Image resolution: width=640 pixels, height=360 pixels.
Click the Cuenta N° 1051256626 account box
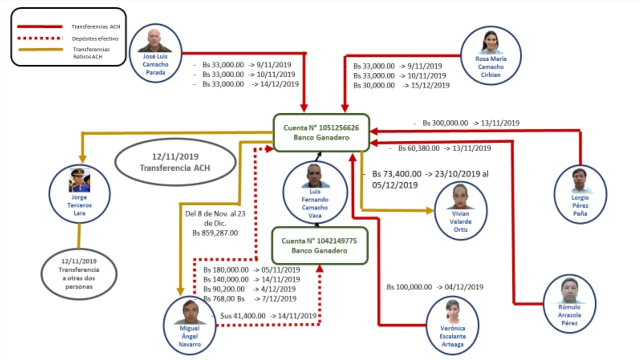pos(322,133)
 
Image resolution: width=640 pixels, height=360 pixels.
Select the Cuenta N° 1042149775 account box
pos(319,246)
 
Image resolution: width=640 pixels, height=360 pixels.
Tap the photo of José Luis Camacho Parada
pos(155,40)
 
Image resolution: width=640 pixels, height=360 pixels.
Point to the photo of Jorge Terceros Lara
pos(79,180)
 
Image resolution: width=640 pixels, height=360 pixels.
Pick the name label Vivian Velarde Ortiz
pos(461,222)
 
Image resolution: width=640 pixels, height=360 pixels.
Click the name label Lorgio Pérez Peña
pos(580,205)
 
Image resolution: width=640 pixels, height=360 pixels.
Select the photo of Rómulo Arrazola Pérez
pos(569,291)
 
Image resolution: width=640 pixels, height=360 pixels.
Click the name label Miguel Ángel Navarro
pos(189,336)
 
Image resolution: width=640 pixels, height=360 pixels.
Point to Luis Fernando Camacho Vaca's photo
pos(314,176)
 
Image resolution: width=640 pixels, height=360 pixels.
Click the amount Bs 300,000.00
pos(445,123)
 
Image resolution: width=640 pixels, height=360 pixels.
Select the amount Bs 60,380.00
pos(419,148)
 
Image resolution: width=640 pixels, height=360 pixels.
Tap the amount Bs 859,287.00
pos(215,233)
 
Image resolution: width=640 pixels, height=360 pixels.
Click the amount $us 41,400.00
pos(243,316)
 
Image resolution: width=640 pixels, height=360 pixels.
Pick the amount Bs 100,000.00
pos(409,287)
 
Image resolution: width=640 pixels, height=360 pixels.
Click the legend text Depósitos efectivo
pos(95,39)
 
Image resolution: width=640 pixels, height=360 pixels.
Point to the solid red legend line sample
pos(40,27)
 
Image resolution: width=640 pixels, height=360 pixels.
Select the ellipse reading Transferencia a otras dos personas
pos(79,274)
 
